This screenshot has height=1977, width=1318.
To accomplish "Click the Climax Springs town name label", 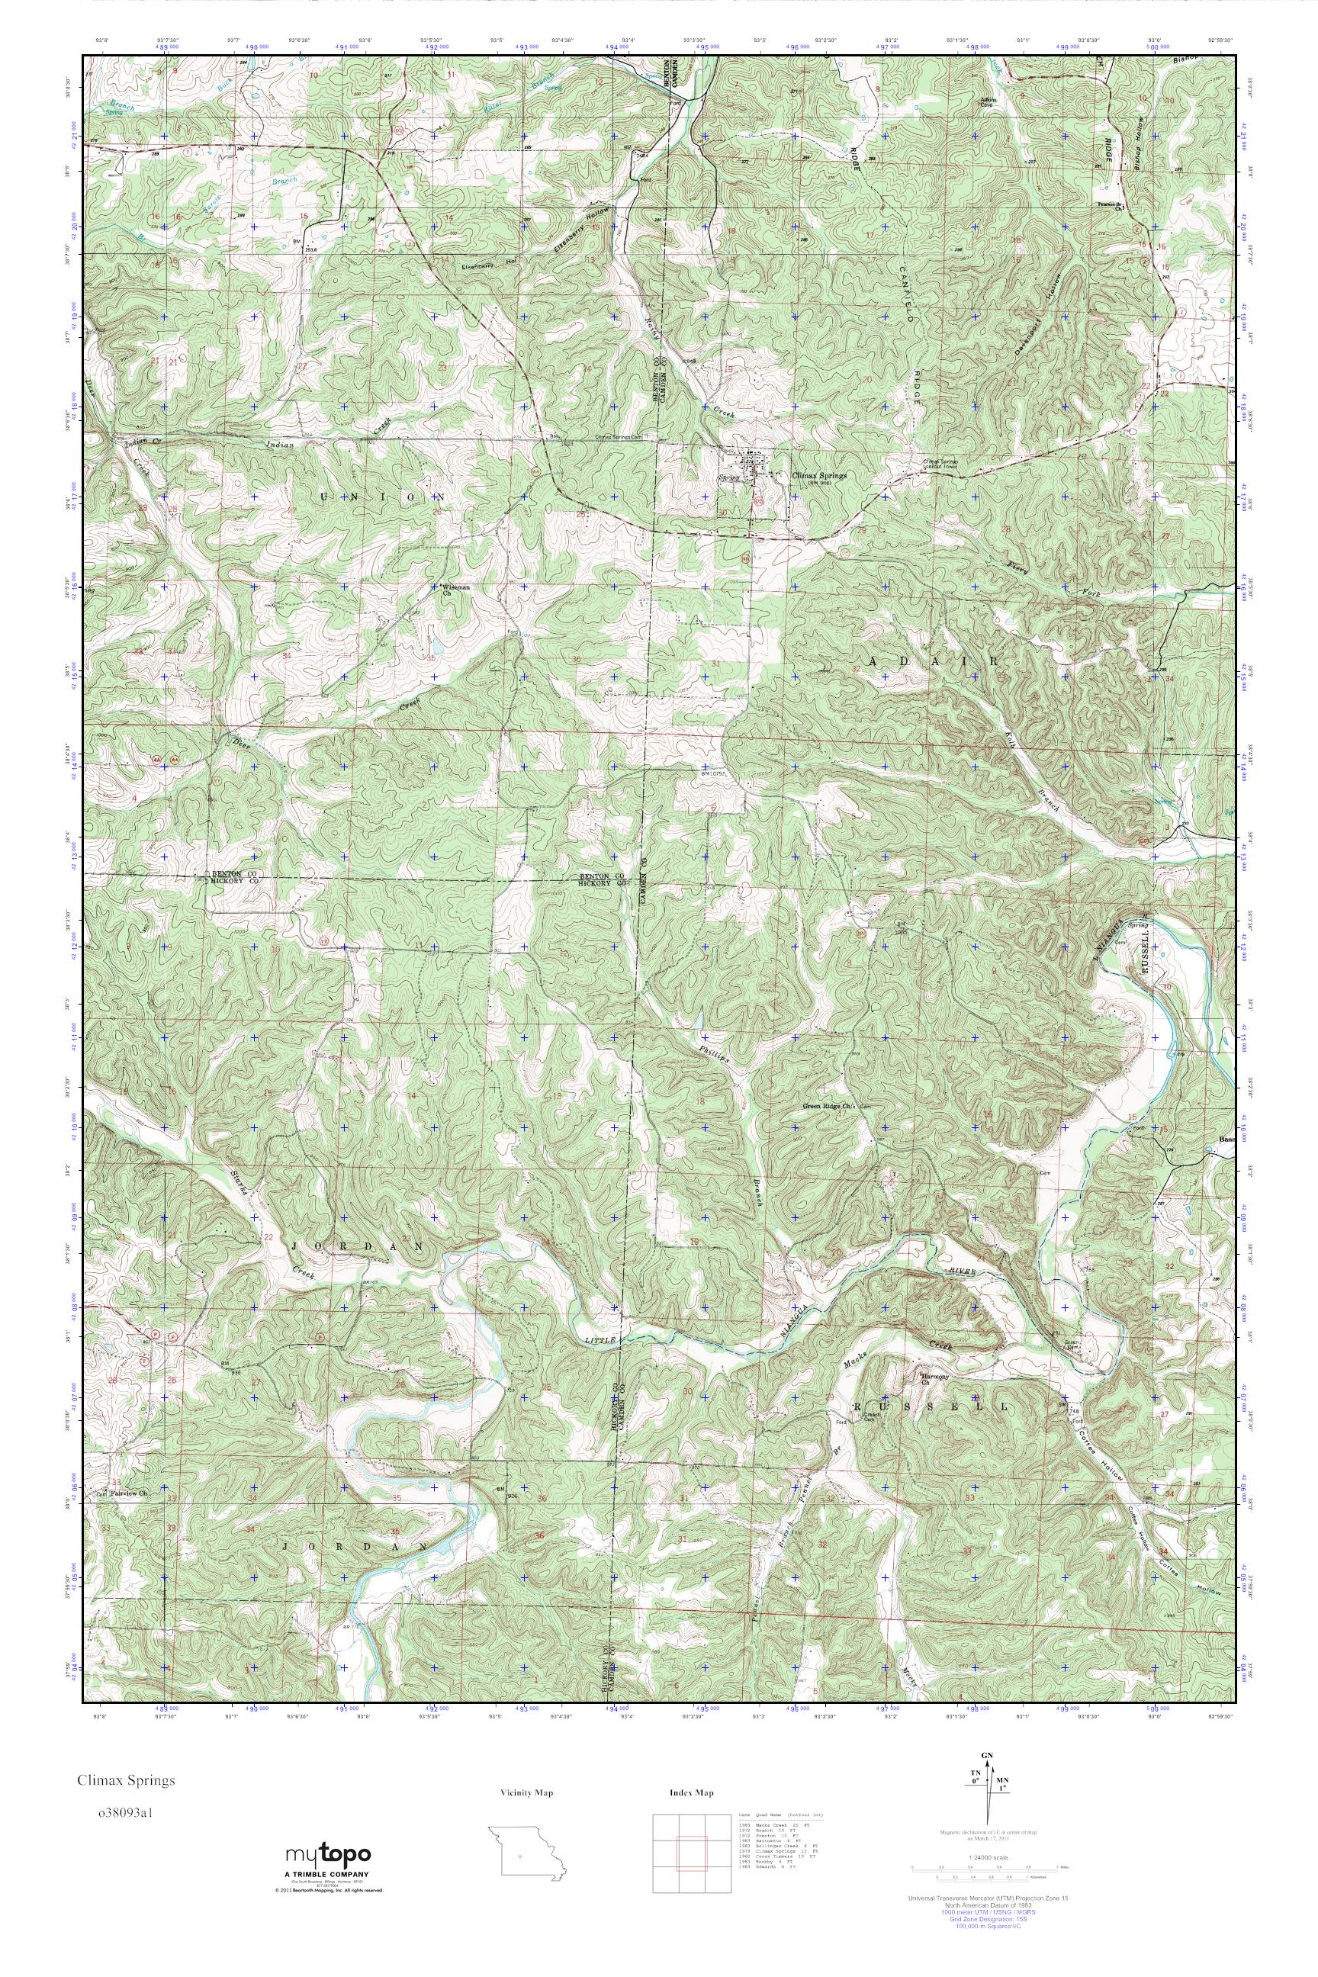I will pyautogui.click(x=819, y=474).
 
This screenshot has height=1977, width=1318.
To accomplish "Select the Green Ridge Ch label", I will pyautogui.click(x=828, y=1107).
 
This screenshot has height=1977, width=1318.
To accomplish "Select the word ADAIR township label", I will pyautogui.click(x=933, y=661).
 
